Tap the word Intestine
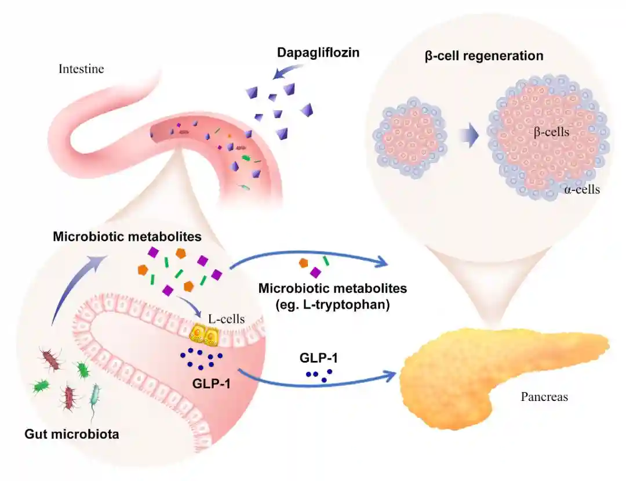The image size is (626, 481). tap(81, 69)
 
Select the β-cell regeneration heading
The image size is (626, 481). tap(484, 56)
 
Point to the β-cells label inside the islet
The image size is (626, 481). tap(551, 132)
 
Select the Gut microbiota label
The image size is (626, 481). tap(72, 433)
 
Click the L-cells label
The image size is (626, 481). tap(227, 319)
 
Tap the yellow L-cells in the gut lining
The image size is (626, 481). tap(204, 334)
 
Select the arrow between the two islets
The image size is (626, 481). tap(468, 136)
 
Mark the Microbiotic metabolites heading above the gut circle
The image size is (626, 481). tap(127, 237)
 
